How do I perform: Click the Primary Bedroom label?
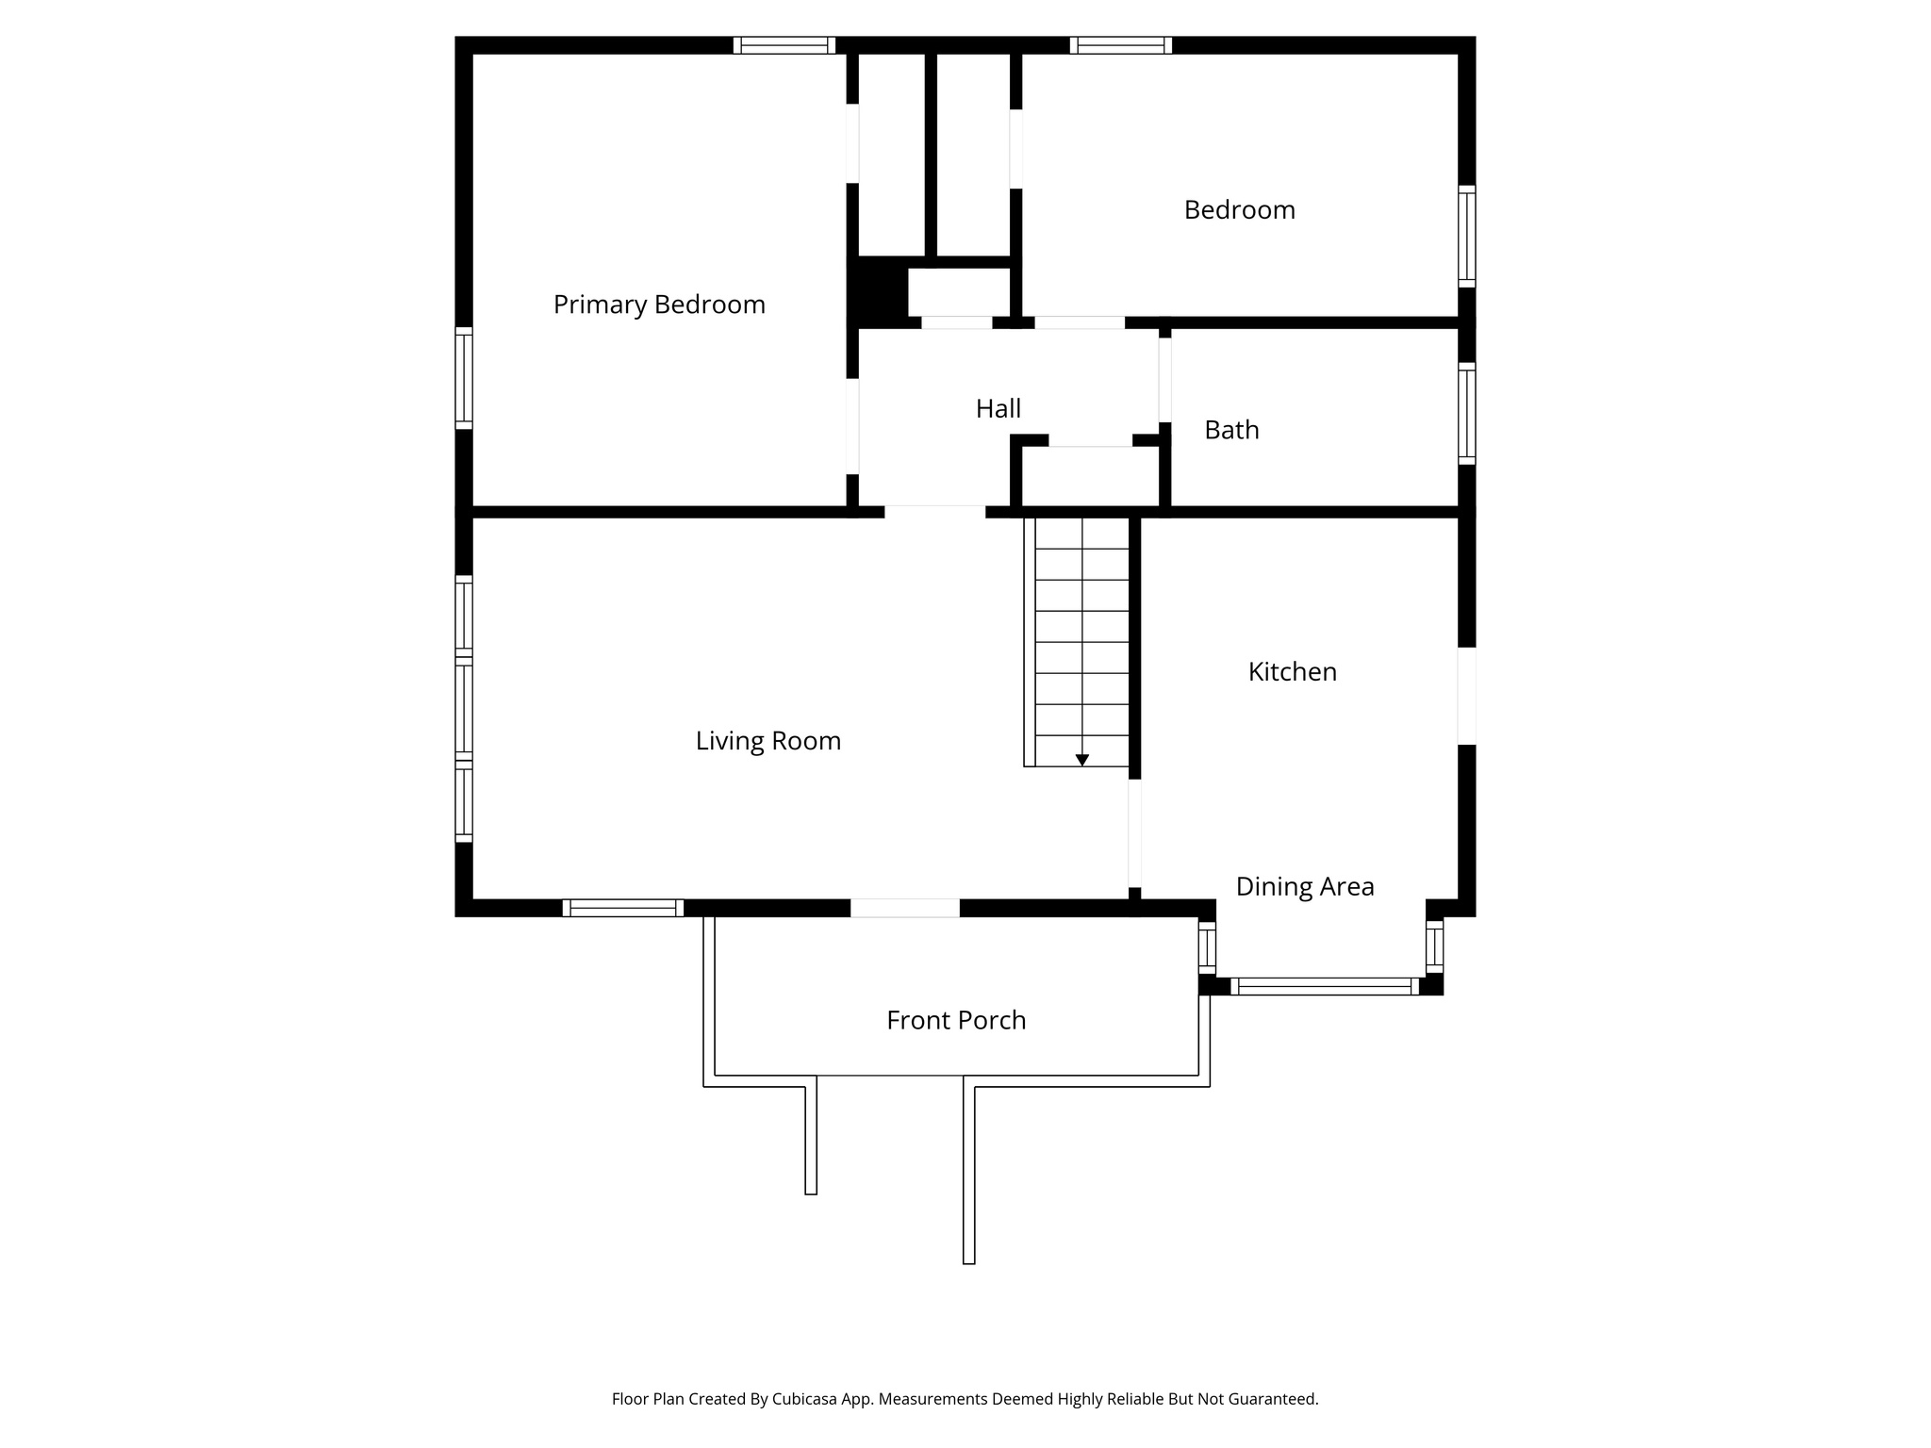click(658, 304)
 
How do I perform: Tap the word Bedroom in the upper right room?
click(1239, 209)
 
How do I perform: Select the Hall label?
click(998, 408)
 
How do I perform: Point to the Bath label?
click(1231, 430)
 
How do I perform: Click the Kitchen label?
click(1292, 671)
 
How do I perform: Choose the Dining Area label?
click(1304, 886)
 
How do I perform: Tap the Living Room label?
click(767, 741)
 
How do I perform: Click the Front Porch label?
click(955, 1020)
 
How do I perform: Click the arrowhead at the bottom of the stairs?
click(1082, 760)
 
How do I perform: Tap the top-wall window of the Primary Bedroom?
click(784, 45)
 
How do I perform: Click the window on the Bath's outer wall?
click(1466, 413)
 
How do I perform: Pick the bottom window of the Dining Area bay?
click(1324, 986)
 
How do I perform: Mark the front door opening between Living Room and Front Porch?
click(905, 908)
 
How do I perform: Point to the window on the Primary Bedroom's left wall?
click(464, 377)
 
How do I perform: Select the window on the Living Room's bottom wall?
click(622, 908)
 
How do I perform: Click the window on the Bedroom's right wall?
click(1466, 236)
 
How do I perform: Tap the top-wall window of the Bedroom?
click(1120, 45)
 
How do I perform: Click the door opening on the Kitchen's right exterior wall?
click(1466, 696)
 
